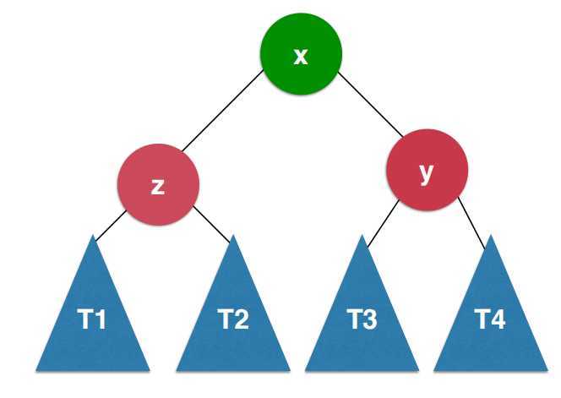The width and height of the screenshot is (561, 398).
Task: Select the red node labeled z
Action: tap(158, 185)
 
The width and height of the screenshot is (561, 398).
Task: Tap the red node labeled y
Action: tap(426, 172)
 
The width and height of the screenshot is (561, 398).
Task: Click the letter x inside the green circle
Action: tap(301, 56)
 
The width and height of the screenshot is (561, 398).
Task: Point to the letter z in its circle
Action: tap(158, 187)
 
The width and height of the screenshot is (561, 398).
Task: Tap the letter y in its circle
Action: tap(426, 173)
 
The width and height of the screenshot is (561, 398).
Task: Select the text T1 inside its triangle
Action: tap(93, 321)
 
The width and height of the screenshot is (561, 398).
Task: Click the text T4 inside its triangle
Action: tap(490, 321)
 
